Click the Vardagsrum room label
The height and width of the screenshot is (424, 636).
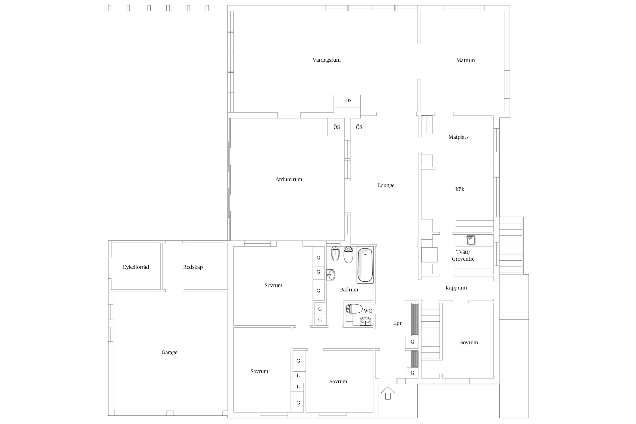point(326,60)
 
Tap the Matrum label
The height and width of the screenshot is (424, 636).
point(466,60)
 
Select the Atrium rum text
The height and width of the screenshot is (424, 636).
point(289,179)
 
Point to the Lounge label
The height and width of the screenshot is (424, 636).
point(386,186)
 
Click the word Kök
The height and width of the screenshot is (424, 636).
point(460,189)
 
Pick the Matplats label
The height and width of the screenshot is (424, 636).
point(458,137)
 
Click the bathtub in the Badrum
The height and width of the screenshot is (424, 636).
point(365,265)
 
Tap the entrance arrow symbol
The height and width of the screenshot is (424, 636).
point(388,393)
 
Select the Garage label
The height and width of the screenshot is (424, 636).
point(170,353)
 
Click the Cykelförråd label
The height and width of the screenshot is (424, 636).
point(136,267)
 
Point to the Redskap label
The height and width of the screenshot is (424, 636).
point(193,267)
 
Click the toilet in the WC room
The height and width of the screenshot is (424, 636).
point(354,309)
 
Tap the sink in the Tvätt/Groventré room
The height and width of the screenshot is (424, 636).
point(471,240)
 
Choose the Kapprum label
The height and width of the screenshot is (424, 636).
point(456,288)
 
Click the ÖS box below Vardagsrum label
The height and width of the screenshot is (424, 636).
point(347,101)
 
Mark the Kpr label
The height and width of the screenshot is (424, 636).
point(397,323)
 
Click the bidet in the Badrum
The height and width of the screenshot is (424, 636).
point(335,254)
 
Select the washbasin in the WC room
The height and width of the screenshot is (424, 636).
point(366,321)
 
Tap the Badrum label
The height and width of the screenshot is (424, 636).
point(349,290)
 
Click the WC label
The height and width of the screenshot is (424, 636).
point(368,311)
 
